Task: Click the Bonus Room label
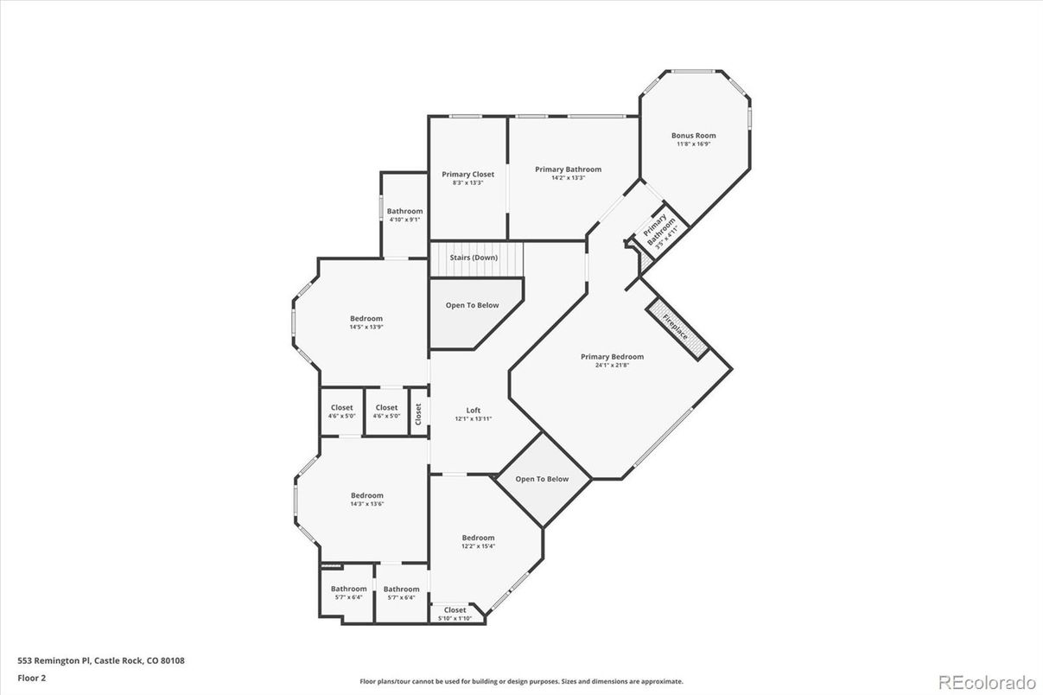[x=693, y=136]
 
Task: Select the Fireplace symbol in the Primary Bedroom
[x=677, y=328]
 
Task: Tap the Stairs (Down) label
[x=474, y=258]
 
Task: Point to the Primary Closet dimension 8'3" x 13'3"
[x=468, y=183]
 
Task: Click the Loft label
[x=473, y=411]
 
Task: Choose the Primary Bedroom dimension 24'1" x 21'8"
[x=612, y=365]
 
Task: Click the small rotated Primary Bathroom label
[x=658, y=229]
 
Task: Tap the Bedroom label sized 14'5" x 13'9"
[x=366, y=319]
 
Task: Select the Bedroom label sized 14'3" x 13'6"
[x=367, y=495]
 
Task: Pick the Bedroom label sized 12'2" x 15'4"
[x=478, y=538]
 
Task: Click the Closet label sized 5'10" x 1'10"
[x=455, y=609]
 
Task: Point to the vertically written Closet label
[x=418, y=414]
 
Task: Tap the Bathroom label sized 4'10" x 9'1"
[x=404, y=211]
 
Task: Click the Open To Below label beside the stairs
[x=472, y=305]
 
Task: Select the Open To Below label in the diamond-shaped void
[x=542, y=479]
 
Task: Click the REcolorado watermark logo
[x=987, y=682]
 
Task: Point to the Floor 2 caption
[x=32, y=679]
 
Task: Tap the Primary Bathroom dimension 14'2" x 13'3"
[x=568, y=178]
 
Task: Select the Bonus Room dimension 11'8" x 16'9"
[x=693, y=144]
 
